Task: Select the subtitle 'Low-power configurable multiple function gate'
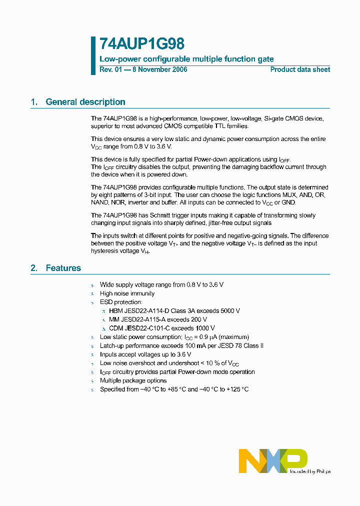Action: click(186, 59)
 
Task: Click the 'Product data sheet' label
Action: click(300, 69)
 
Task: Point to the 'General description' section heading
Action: click(85, 102)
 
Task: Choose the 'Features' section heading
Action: click(63, 268)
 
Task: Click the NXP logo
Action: click(273, 460)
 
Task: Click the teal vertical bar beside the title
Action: click(93, 55)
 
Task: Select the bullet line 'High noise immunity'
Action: click(127, 293)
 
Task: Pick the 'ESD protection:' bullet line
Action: click(121, 302)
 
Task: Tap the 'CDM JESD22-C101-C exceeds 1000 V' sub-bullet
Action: click(162, 328)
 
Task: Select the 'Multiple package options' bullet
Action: click(133, 380)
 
